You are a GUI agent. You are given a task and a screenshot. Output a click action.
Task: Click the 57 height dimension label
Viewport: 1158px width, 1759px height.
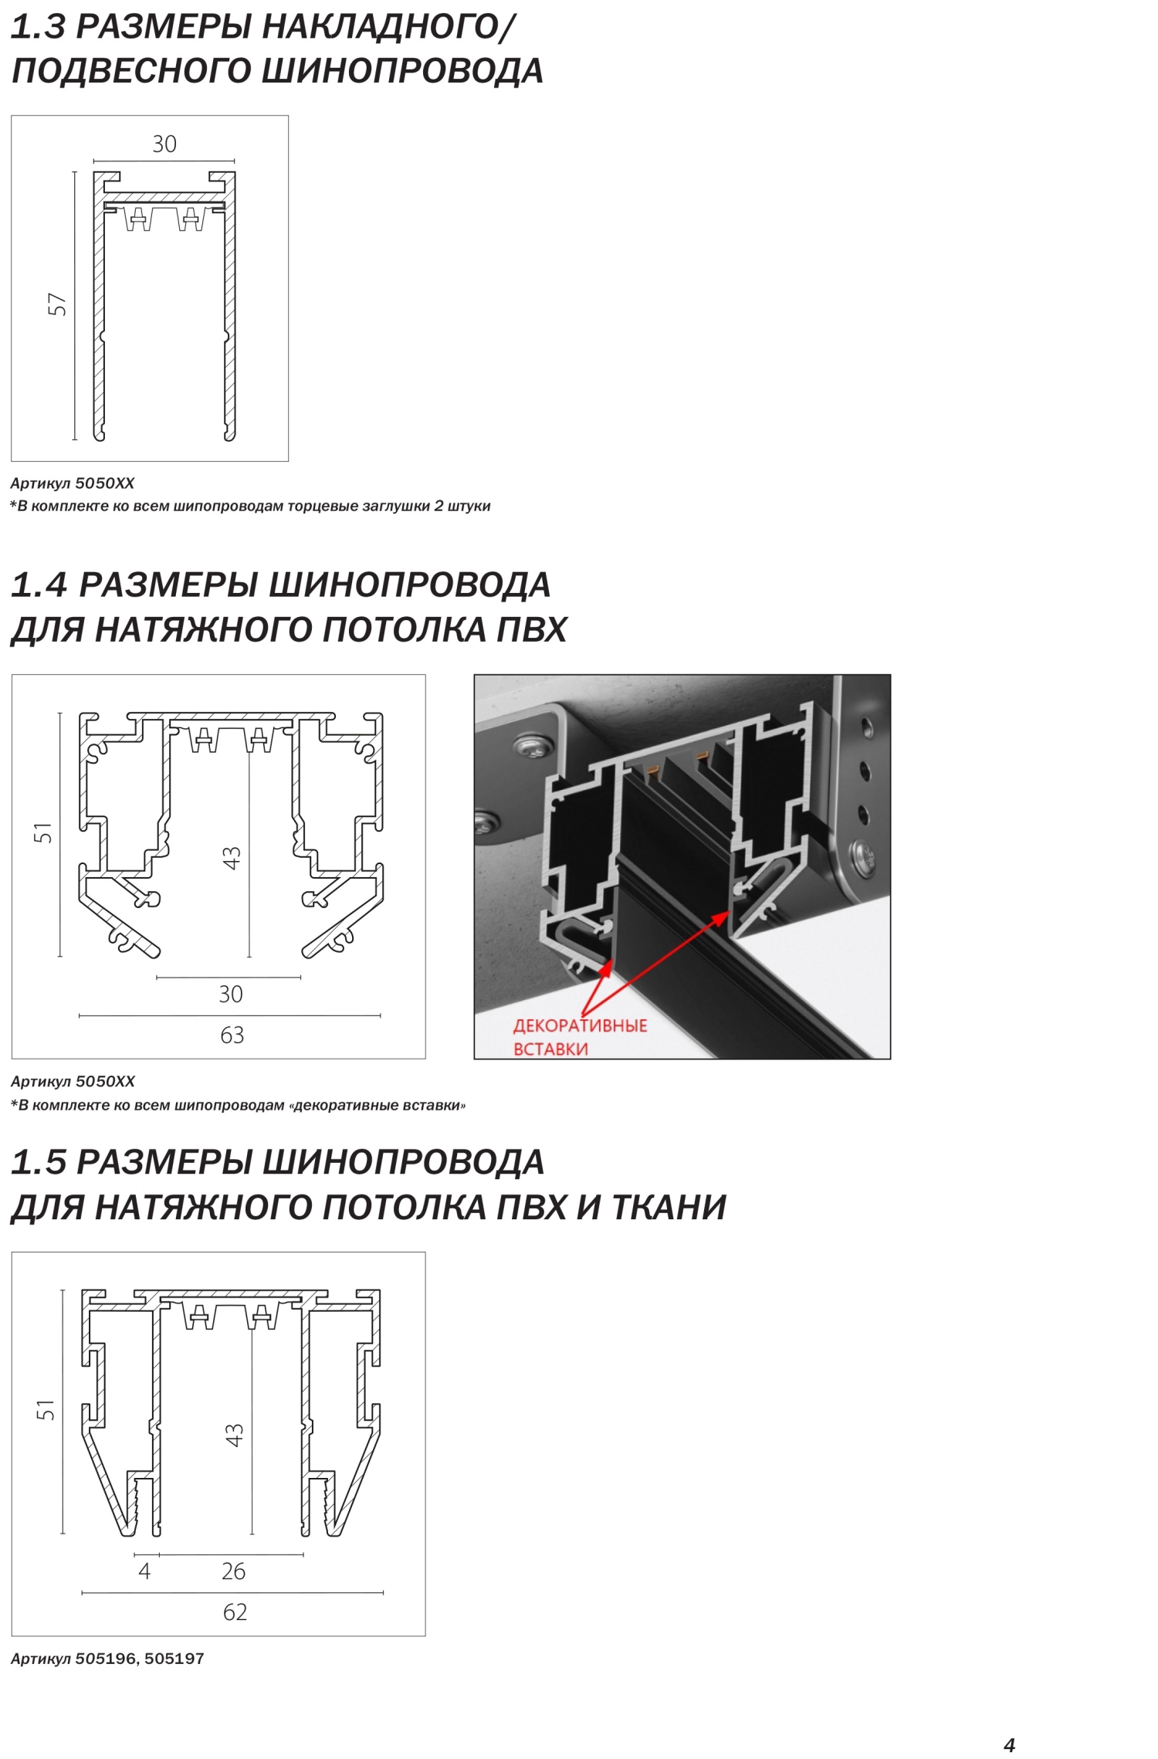(x=57, y=304)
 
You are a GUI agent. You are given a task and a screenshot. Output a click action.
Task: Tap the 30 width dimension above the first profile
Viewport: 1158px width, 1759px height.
(x=164, y=144)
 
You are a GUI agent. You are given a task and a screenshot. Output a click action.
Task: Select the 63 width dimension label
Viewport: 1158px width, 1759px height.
(x=232, y=1035)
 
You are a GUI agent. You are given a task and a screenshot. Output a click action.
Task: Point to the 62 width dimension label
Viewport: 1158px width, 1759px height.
(x=235, y=1612)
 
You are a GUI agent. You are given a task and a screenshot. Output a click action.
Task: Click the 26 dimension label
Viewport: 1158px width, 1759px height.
(x=233, y=1571)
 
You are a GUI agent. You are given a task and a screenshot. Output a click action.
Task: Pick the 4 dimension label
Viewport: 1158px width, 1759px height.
(x=144, y=1571)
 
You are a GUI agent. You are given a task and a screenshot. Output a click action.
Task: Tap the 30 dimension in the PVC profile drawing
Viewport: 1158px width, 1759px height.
(x=231, y=994)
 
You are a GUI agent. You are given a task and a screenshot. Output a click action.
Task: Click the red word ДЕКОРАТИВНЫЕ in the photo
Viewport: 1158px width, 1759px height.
(x=581, y=1025)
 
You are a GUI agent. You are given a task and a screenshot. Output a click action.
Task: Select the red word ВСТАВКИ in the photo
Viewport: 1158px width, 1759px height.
(x=550, y=1049)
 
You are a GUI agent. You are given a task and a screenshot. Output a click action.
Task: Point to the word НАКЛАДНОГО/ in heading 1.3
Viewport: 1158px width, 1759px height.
(x=388, y=27)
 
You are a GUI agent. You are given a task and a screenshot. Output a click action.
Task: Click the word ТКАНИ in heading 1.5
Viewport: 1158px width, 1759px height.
(x=669, y=1208)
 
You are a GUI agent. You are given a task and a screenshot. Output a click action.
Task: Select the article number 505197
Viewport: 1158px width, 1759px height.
(x=174, y=1659)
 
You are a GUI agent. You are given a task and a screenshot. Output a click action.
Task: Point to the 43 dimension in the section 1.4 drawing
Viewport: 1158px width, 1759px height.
(x=232, y=857)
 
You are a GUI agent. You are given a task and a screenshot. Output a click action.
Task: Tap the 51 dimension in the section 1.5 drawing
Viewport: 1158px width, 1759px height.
(x=46, y=1409)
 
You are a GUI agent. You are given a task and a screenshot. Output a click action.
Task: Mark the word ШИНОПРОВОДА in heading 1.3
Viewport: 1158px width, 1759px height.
(x=403, y=71)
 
